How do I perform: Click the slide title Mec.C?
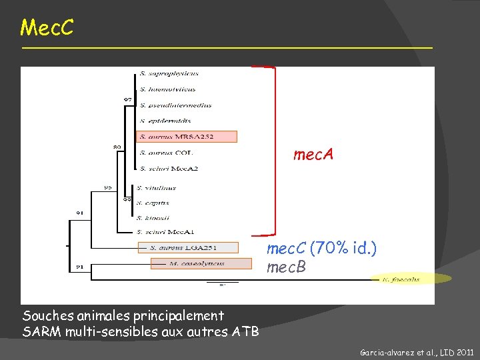click(x=47, y=28)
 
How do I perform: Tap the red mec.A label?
click(x=313, y=155)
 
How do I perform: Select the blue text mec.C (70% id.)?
click(x=321, y=249)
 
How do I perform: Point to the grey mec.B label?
click(x=286, y=268)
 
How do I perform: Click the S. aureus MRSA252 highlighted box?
click(x=187, y=137)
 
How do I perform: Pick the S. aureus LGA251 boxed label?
click(x=187, y=247)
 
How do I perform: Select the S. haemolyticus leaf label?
click(x=167, y=89)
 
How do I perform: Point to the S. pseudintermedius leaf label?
click(x=175, y=105)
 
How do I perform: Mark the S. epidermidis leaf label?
click(x=165, y=121)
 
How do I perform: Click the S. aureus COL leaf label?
click(x=163, y=153)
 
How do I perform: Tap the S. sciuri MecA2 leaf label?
click(x=169, y=169)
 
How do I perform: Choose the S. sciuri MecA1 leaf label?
click(x=165, y=232)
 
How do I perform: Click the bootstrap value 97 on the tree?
click(x=127, y=99)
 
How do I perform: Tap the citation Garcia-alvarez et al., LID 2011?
click(x=417, y=350)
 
